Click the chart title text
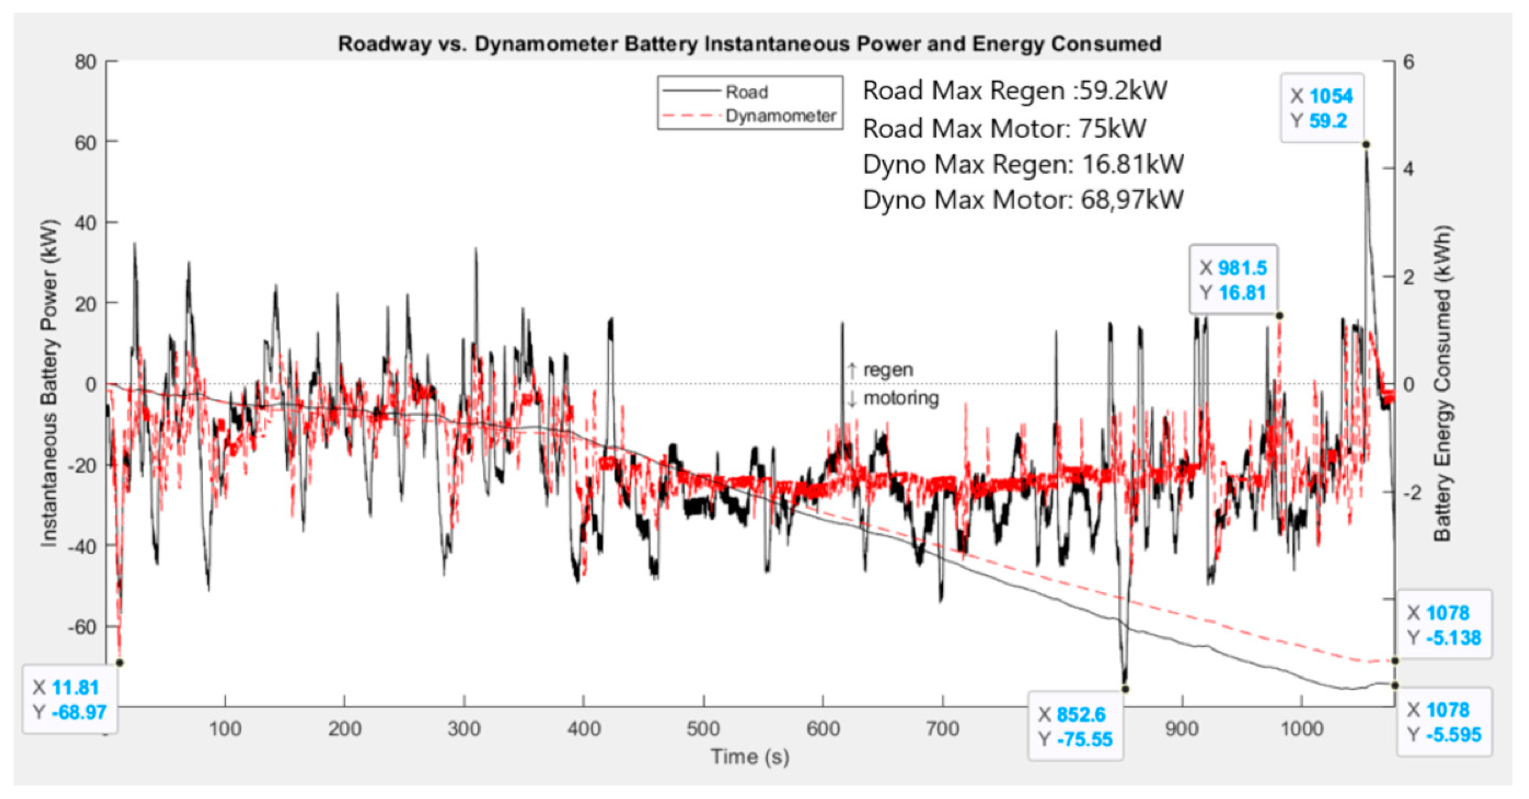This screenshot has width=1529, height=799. click(x=749, y=44)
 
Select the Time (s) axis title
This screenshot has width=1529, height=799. click(x=750, y=757)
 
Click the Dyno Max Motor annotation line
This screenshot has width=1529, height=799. click(x=1023, y=200)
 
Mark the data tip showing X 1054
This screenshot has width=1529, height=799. click(x=1321, y=108)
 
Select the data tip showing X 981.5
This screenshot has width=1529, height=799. click(x=1233, y=280)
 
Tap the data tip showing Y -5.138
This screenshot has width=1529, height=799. click(x=1444, y=625)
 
